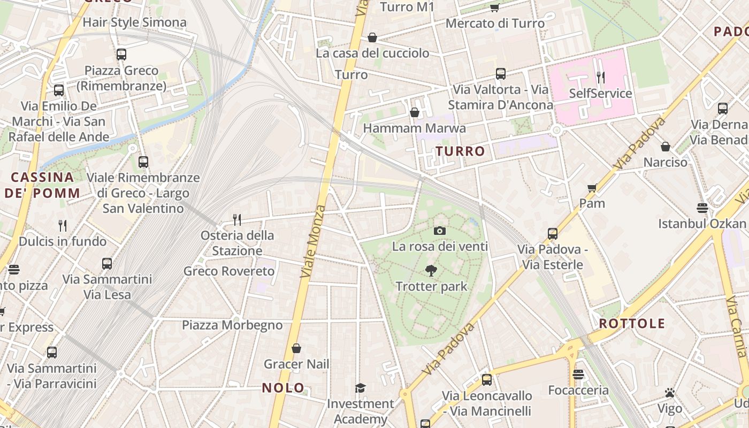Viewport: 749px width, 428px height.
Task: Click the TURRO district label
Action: [460, 151]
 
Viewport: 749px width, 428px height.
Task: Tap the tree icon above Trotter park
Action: [431, 271]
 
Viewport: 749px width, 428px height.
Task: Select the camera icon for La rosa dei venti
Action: [440, 231]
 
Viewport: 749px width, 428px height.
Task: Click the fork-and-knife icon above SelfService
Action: [600, 78]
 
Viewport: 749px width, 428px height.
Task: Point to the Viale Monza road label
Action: [313, 241]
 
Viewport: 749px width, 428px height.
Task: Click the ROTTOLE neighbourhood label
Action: [632, 323]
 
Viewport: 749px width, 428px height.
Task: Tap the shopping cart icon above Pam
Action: [592, 188]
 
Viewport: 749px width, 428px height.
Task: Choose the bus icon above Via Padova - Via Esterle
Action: [553, 234]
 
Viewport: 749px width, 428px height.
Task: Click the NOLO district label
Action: [283, 388]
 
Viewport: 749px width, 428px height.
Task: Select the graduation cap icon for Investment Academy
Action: [361, 388]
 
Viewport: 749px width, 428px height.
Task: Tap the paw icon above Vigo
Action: [670, 393]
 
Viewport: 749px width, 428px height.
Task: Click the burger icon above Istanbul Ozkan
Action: [702, 208]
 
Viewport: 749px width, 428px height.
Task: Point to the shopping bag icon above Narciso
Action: [666, 147]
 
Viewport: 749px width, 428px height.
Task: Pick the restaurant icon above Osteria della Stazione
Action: [236, 219]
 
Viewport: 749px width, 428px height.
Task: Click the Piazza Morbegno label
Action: [232, 325]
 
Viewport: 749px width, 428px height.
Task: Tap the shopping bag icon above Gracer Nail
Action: [296, 348]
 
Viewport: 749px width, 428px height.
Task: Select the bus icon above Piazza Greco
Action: [121, 54]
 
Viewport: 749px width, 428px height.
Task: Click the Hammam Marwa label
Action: [414, 128]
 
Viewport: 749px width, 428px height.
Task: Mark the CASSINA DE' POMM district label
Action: [42, 185]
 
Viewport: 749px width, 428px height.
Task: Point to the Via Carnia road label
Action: [736, 326]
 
